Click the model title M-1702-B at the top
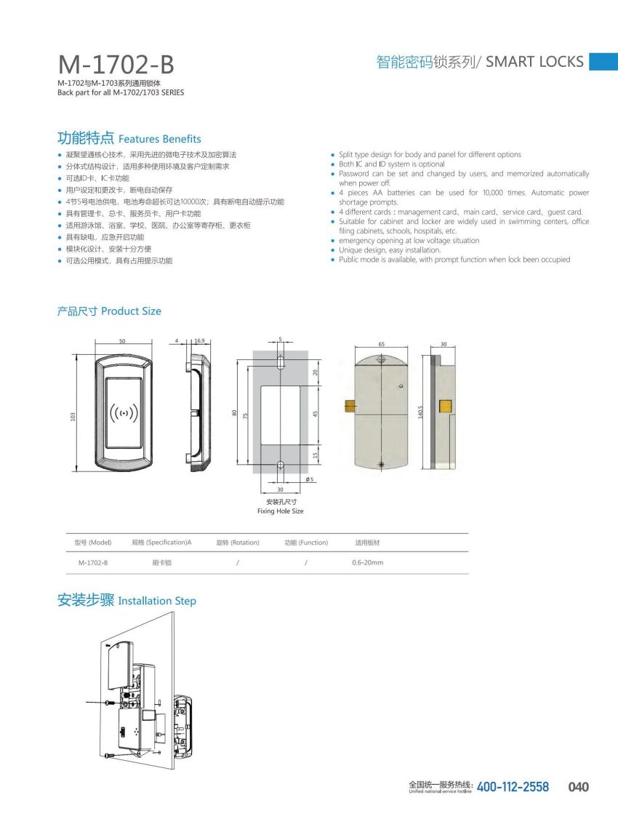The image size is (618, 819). (116, 65)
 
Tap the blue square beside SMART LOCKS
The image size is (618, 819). (603, 61)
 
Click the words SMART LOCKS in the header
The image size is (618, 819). (534, 62)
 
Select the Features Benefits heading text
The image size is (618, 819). (159, 139)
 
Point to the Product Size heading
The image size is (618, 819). (131, 311)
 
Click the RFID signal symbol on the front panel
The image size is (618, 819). (124, 413)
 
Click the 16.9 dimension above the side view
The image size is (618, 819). (199, 340)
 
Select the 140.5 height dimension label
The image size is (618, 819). (420, 412)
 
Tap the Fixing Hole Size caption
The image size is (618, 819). (280, 511)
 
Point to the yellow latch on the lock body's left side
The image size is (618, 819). (349, 404)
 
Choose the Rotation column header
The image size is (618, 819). (238, 543)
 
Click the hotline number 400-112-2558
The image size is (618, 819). (513, 787)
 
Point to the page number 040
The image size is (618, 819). (578, 787)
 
